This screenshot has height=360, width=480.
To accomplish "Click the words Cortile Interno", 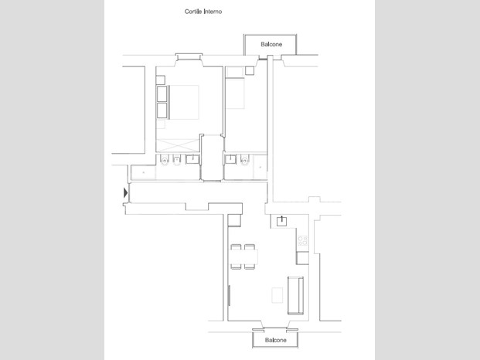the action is pos(203,12).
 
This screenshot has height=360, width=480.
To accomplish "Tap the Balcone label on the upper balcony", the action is pos(271,44).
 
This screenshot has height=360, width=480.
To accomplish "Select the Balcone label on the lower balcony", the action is pos(275,340).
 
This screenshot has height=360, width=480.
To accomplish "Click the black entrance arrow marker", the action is pos(125,192).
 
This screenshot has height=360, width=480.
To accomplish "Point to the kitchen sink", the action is pos(281,221).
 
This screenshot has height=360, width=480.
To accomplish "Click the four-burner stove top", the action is pos(302,240).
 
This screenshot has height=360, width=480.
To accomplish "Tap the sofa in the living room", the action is pos(295,295).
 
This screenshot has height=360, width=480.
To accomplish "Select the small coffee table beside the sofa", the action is pos(277,295).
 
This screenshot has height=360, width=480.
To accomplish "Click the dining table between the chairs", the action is pos(244,257).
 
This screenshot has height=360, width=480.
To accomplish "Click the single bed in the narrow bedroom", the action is pos(235,93).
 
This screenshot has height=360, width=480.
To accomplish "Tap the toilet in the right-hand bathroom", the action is pos(244,160).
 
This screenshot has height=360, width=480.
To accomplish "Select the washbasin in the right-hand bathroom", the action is pos(230,159).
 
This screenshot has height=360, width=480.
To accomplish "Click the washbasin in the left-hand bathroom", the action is pos(192,159).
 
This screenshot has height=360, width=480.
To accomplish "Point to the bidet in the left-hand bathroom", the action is pos(177,160).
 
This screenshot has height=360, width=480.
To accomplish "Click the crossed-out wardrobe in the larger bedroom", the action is pos(178,145).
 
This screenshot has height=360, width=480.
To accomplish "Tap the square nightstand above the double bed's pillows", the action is pos(161,80).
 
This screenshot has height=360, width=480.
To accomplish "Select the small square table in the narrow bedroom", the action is pos(250,70).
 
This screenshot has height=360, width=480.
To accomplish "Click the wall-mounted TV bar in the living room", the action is pos(229,295).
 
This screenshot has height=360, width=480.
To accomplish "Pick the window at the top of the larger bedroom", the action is pos(189,56).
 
